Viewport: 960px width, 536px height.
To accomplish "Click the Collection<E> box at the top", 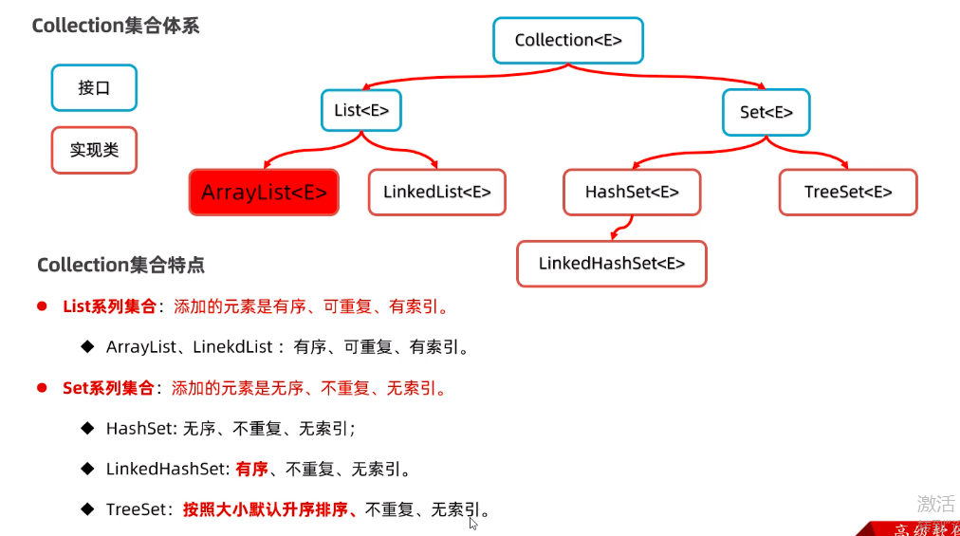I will [x=567, y=41].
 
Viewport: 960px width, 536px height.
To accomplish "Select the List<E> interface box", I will [x=361, y=110].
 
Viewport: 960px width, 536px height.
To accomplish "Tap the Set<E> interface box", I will [x=766, y=112].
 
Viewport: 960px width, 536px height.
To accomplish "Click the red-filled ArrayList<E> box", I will [x=264, y=193].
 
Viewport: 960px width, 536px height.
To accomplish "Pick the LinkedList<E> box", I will [x=436, y=193].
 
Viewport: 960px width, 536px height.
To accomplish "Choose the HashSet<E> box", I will [x=632, y=193].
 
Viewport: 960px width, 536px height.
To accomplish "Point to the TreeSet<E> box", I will [x=847, y=193].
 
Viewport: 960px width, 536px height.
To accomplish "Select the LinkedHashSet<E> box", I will [x=611, y=264].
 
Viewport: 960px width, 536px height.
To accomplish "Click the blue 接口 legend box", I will [x=94, y=88].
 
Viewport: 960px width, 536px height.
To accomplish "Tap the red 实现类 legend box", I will [x=94, y=150].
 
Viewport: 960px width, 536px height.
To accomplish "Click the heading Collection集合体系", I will [x=116, y=26].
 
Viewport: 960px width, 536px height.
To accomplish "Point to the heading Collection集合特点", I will [x=120, y=265].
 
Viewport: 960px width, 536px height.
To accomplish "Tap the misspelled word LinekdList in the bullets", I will [x=231, y=347].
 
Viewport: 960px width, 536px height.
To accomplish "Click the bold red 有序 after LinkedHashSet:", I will [x=251, y=469].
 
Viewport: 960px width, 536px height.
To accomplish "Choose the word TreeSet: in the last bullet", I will [x=138, y=509].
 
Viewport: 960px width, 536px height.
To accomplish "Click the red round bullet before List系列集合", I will [x=42, y=306].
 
